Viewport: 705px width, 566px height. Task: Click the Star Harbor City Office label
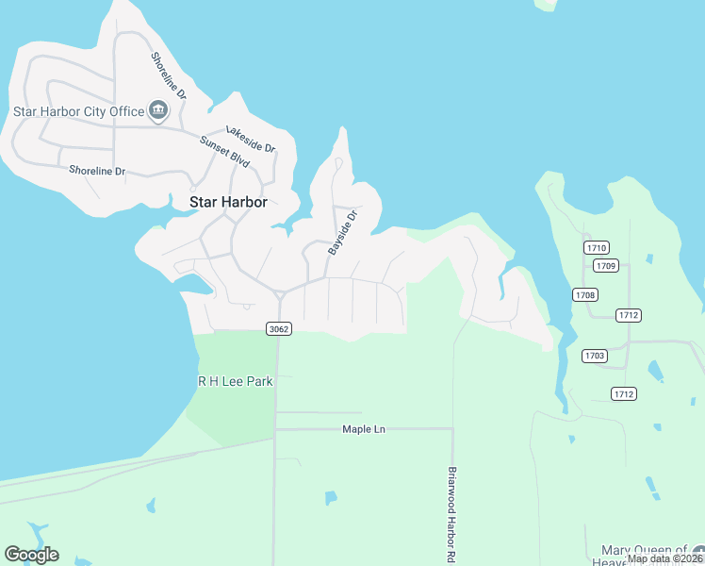(78, 111)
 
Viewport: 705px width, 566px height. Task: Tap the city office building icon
(157, 111)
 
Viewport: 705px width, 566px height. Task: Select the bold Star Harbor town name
(229, 202)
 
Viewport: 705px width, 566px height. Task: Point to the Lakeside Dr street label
(250, 141)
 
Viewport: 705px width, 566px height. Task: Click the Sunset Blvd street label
(224, 152)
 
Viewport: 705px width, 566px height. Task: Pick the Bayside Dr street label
(343, 232)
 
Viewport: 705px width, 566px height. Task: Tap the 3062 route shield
(278, 328)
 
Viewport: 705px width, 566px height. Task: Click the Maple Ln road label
(364, 429)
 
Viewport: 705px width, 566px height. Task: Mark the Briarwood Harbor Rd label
(452, 514)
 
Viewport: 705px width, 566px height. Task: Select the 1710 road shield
(596, 247)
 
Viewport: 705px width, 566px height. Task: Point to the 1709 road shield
(606, 266)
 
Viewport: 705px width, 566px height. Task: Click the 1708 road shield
(585, 295)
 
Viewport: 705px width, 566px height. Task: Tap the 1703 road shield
(594, 356)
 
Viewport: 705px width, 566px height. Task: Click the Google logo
(31, 555)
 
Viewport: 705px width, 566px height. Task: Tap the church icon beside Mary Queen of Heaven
(697, 552)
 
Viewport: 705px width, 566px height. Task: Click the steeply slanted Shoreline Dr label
(170, 75)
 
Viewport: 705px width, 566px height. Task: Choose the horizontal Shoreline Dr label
(97, 171)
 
